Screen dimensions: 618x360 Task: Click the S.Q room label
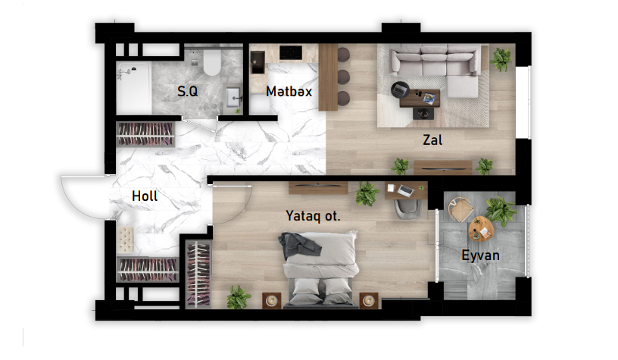188,92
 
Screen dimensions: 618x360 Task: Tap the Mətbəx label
289,92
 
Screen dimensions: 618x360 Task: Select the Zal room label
432,140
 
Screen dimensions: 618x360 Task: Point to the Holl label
145,196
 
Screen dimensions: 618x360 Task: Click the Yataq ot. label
313,216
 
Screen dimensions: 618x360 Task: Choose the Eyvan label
480,255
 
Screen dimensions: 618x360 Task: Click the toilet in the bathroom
212,62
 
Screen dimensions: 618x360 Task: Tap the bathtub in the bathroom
134,89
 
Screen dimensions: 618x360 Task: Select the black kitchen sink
257,62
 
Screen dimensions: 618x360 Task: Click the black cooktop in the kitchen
291,52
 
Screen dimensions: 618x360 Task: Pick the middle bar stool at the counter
343,77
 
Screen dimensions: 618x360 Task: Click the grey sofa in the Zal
437,67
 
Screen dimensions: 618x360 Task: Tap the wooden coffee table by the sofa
420,99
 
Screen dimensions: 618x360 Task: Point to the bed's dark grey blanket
300,246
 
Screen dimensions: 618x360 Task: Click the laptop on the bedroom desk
405,191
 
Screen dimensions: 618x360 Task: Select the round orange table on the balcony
481,229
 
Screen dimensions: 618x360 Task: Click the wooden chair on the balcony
460,209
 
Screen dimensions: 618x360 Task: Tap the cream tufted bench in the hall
126,239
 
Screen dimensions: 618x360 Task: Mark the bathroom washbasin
233,98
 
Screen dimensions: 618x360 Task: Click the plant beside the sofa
501,59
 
